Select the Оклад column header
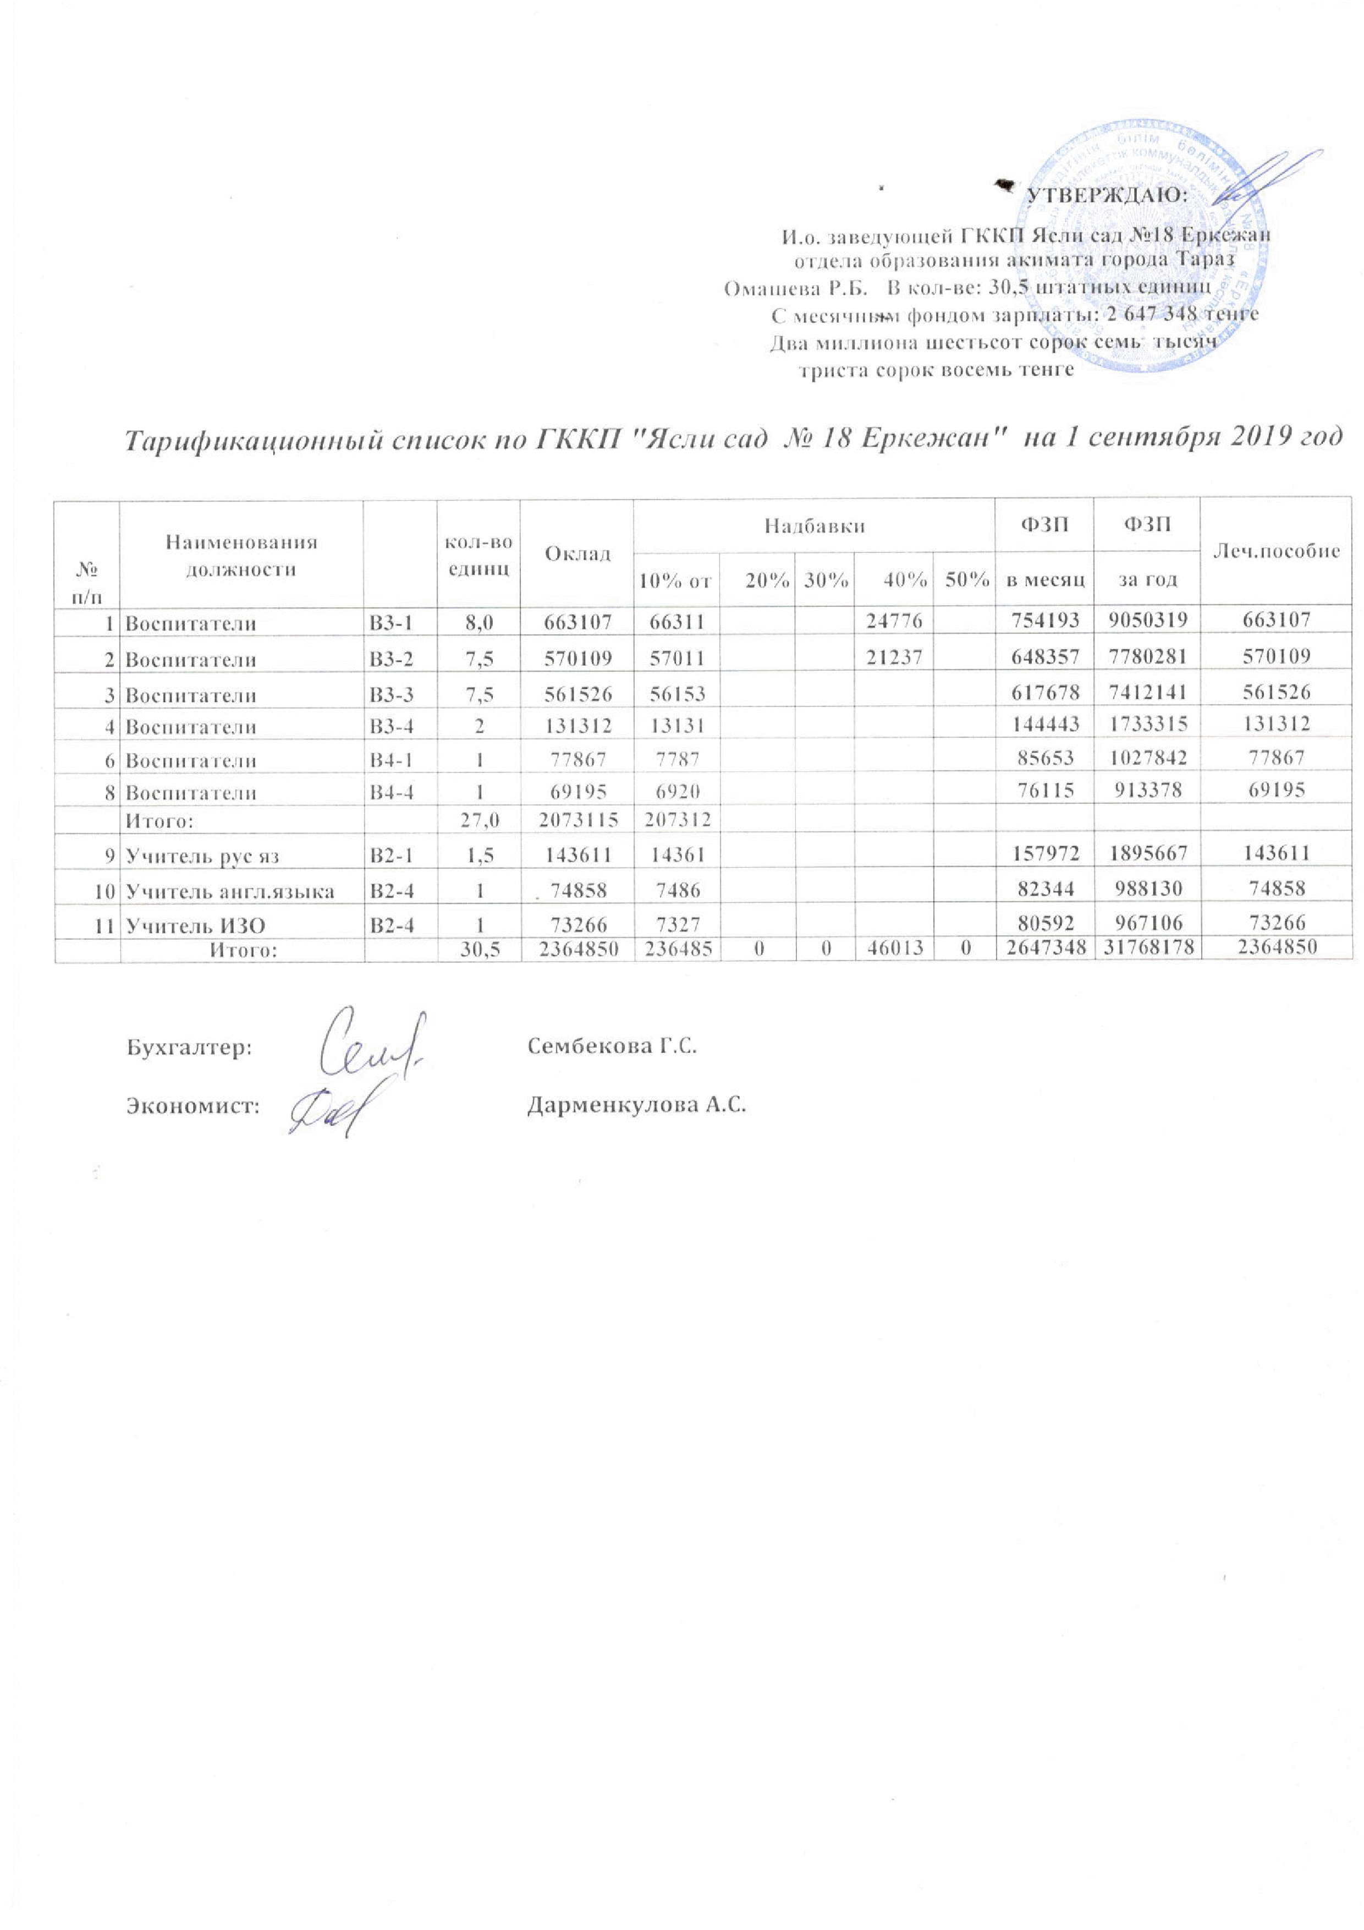point(576,552)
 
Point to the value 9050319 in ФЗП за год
point(1146,621)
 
